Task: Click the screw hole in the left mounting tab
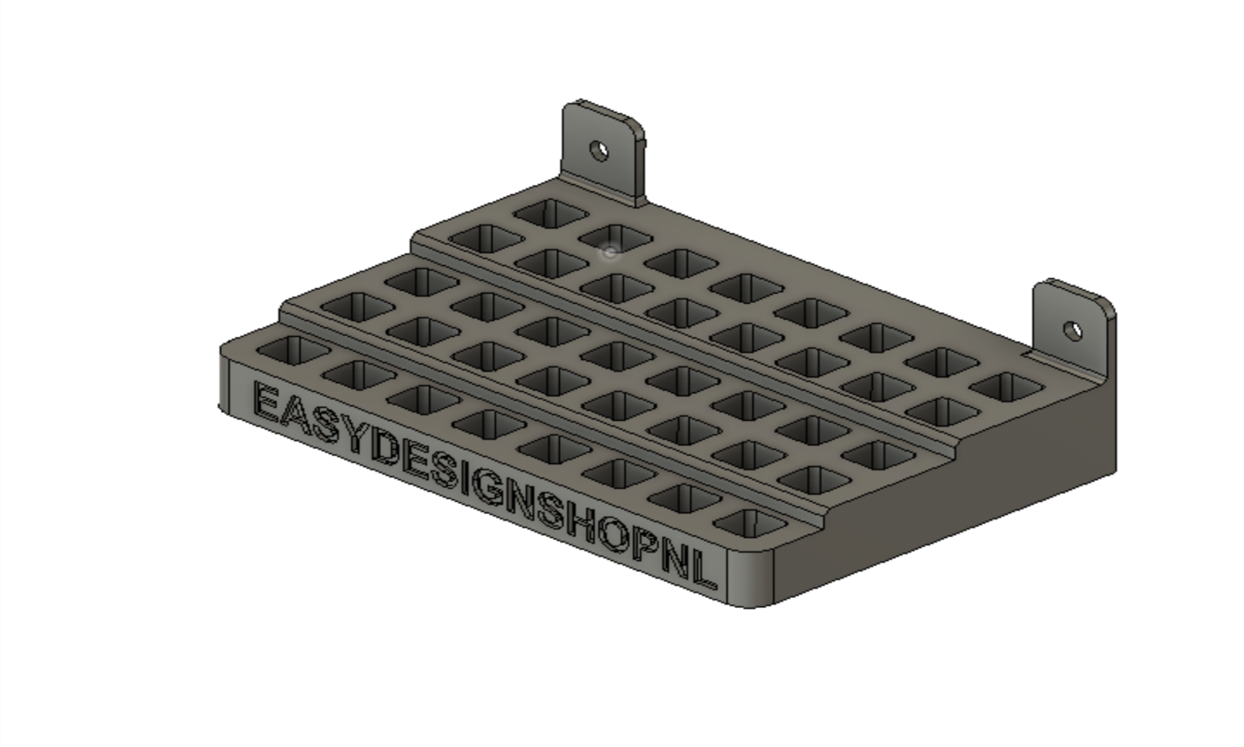click(x=599, y=151)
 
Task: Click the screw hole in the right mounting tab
click(x=1073, y=331)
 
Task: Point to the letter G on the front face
click(x=488, y=488)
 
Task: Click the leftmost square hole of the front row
click(x=292, y=350)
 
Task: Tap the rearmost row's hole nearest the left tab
click(x=551, y=214)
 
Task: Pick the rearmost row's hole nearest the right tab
click(x=1007, y=387)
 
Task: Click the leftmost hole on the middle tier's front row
click(x=358, y=306)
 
